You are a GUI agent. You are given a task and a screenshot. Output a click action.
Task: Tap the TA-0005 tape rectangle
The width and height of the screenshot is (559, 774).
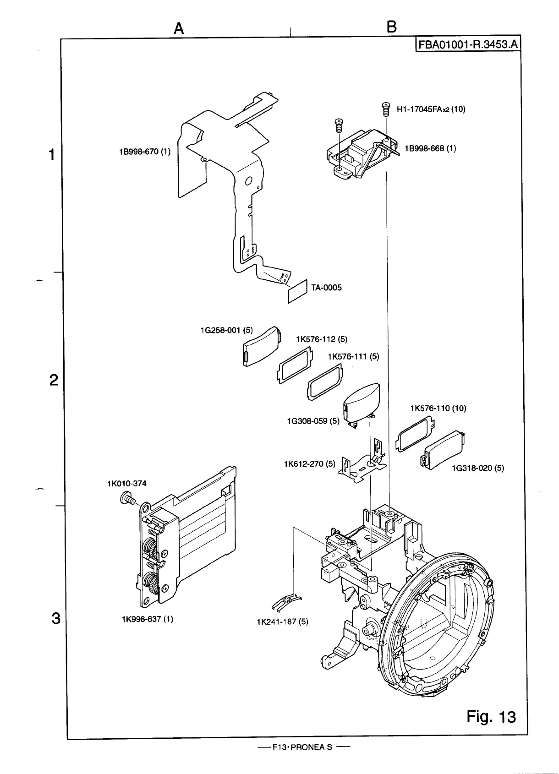(x=297, y=291)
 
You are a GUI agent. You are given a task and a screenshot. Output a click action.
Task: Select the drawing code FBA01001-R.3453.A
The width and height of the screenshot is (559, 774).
(x=467, y=44)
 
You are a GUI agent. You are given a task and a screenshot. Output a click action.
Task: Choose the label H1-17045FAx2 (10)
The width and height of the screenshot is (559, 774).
(x=431, y=109)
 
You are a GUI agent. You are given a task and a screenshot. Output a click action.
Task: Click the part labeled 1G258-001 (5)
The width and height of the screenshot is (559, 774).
(x=260, y=347)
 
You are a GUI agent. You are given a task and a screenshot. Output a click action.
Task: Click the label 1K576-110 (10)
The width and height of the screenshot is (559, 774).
(x=438, y=408)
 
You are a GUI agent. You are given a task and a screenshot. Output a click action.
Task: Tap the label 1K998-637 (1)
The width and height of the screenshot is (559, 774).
(x=147, y=619)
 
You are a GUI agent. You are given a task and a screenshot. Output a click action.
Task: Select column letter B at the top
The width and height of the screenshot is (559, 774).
(x=391, y=27)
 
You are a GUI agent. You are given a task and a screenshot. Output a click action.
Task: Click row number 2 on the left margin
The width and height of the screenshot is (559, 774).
(x=54, y=380)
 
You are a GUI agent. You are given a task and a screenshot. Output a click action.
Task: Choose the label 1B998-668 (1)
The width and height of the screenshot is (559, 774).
(x=430, y=148)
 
